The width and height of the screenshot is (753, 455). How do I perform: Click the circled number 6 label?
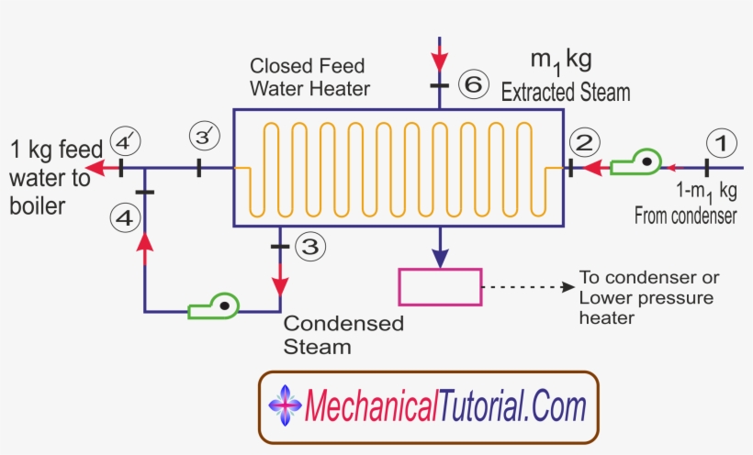[x=472, y=85]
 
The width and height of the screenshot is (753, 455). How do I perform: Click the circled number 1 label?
[x=721, y=143]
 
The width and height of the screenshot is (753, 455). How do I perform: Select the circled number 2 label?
[x=585, y=142]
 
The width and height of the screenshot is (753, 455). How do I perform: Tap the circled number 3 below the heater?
[x=309, y=247]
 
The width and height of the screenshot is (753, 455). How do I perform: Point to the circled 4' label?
[x=125, y=142]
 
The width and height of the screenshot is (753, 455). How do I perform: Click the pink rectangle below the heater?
[x=440, y=287]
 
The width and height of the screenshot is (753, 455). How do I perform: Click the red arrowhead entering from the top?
[x=439, y=61]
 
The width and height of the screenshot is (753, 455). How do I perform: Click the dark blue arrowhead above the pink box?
[x=440, y=255]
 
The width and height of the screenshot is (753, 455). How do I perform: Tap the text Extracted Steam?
[x=565, y=92]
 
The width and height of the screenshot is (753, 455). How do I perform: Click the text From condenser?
[x=686, y=216]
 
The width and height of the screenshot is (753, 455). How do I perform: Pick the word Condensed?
[x=343, y=324]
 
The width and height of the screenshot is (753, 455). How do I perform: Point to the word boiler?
[x=38, y=205]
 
